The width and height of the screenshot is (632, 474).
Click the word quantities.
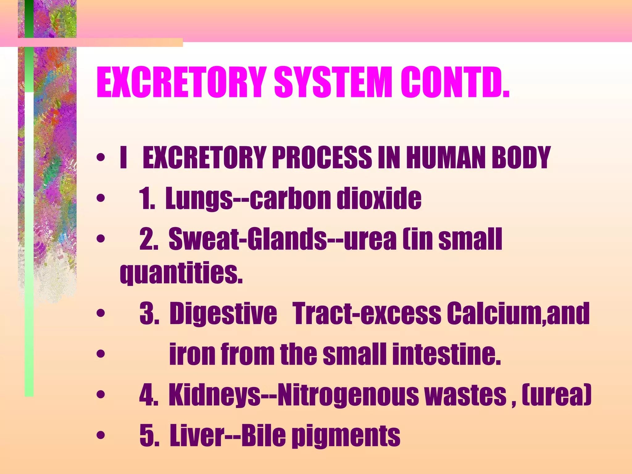[181, 273]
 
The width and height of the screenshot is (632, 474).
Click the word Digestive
[223, 314]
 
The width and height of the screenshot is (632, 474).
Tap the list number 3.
[149, 314]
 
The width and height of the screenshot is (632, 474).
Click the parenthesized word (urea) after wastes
[556, 395]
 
